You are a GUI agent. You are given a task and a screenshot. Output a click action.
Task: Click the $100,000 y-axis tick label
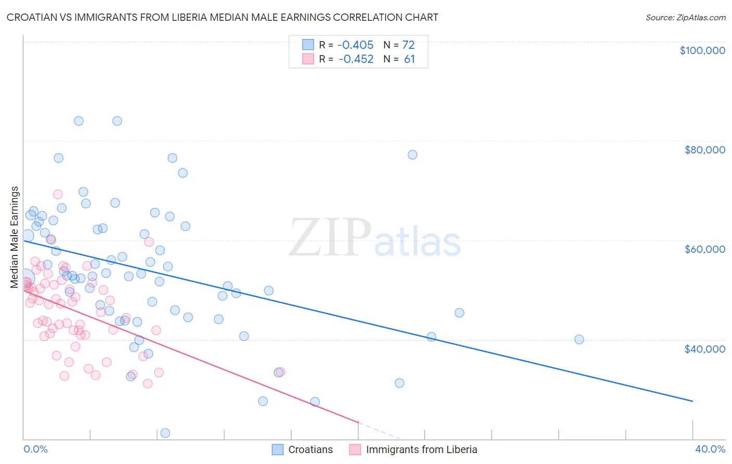click(x=702, y=50)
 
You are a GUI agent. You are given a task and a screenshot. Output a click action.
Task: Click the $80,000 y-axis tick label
click(x=704, y=150)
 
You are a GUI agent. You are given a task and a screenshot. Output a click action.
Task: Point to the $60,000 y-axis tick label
click(x=704, y=249)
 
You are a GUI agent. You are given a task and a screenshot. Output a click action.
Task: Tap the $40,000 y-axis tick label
click(x=704, y=349)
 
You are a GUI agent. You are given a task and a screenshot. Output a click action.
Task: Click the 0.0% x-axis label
click(x=35, y=449)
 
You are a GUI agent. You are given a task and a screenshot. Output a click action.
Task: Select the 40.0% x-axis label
click(x=710, y=449)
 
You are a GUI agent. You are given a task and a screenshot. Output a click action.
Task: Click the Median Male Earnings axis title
click(x=15, y=237)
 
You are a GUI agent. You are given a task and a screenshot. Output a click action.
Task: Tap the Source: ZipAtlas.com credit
click(x=685, y=17)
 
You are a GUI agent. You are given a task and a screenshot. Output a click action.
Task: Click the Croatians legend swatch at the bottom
click(x=278, y=449)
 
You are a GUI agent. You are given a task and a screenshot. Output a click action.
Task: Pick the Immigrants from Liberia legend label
click(x=421, y=449)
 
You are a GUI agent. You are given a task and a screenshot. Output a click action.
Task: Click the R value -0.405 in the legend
click(x=356, y=45)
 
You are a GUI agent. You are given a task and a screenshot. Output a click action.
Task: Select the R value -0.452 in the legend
click(x=356, y=59)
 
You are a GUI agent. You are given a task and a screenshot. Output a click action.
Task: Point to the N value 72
click(x=408, y=45)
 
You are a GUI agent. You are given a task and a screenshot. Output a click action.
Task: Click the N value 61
click(x=409, y=59)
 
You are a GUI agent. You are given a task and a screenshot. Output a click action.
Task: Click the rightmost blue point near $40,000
click(x=579, y=339)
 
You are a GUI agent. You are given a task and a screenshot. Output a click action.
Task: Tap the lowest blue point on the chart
click(x=165, y=433)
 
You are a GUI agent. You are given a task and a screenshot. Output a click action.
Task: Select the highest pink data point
click(x=58, y=194)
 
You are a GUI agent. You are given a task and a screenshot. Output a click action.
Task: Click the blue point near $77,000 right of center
click(x=412, y=154)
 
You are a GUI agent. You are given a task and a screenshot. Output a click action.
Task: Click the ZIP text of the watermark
click(x=330, y=238)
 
